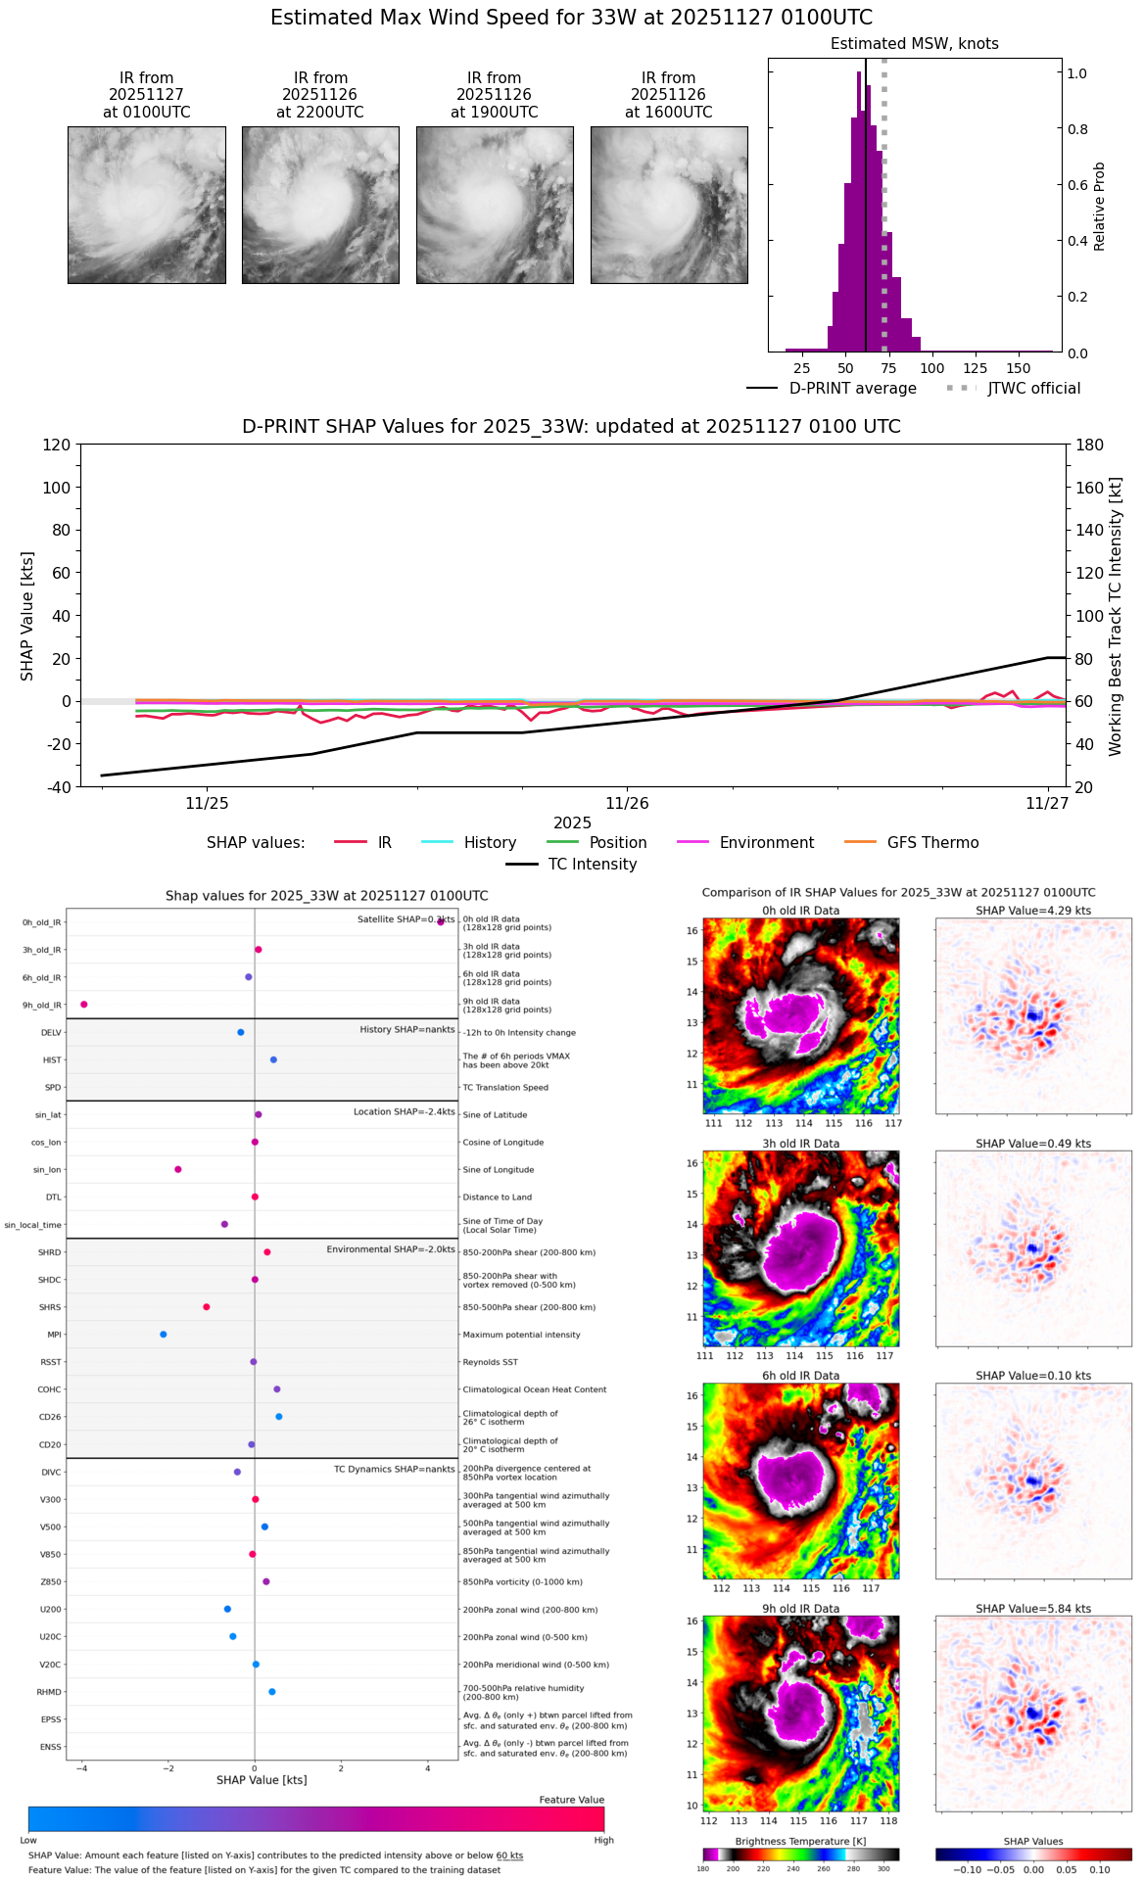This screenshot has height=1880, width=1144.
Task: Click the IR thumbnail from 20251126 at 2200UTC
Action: (x=320, y=205)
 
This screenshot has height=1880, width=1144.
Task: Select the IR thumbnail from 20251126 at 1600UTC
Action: (x=669, y=205)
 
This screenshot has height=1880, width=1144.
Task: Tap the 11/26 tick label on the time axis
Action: (x=627, y=804)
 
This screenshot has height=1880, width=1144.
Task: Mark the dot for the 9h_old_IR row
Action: (x=84, y=1005)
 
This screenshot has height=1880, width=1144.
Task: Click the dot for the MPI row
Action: (x=164, y=1335)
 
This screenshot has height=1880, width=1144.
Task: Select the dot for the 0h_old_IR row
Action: (x=441, y=922)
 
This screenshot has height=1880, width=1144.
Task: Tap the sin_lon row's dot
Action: (x=178, y=1169)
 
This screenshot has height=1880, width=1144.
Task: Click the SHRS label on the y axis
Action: (x=50, y=1307)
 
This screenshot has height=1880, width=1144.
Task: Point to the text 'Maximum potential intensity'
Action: (x=521, y=1335)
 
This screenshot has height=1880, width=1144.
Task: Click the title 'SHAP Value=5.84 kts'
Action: (x=1033, y=1609)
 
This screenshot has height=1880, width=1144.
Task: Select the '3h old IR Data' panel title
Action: (x=800, y=1144)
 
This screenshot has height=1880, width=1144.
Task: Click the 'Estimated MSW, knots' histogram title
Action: (x=914, y=44)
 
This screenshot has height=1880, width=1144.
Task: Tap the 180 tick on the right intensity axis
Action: (x=1090, y=446)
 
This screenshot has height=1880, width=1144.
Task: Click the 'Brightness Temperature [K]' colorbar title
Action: (x=800, y=1841)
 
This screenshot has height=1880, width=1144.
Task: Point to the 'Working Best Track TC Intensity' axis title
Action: (x=1116, y=617)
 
